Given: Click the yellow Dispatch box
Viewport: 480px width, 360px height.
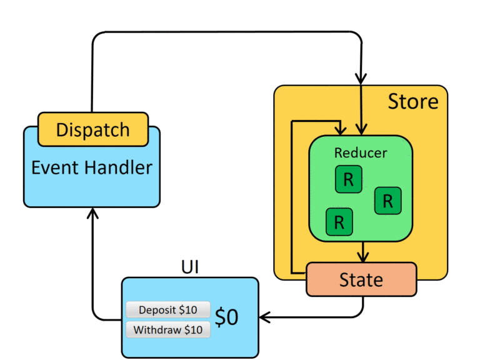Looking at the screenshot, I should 93,129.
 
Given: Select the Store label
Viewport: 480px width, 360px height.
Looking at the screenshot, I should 413,101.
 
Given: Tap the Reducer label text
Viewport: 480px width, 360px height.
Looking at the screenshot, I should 361,152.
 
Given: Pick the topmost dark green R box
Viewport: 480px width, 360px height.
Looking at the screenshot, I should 348,180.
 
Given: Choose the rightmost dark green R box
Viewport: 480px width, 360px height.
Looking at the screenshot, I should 387,201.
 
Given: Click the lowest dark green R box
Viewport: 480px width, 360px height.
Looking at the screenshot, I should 339,221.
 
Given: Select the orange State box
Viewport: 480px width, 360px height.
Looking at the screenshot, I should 361,279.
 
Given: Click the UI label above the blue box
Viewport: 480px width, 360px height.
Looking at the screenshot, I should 190,267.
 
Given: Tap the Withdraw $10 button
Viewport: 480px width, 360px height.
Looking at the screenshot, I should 168,330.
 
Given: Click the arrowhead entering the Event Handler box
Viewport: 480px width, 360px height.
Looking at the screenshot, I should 92,214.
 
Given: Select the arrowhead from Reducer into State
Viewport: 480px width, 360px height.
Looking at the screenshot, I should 361,256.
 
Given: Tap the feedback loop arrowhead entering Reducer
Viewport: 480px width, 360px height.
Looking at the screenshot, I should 341,129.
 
